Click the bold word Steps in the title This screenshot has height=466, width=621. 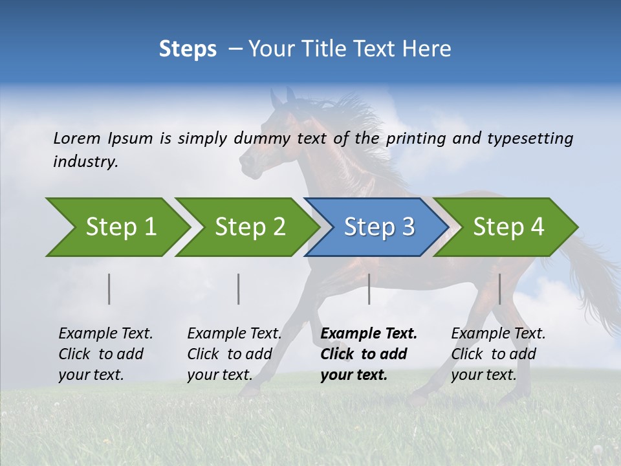[188, 49]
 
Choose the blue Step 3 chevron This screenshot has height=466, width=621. [377, 227]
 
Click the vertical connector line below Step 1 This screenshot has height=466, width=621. [109, 289]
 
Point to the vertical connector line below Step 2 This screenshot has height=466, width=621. [239, 289]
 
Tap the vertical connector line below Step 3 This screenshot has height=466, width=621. [369, 289]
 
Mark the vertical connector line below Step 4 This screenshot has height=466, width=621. [499, 289]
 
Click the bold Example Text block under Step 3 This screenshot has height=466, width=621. [368, 354]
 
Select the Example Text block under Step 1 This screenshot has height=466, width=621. [105, 354]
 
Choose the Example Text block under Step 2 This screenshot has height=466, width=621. [234, 354]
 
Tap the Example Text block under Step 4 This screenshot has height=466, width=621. [498, 354]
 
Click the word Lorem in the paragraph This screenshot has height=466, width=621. [76, 138]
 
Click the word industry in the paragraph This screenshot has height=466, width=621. [85, 162]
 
